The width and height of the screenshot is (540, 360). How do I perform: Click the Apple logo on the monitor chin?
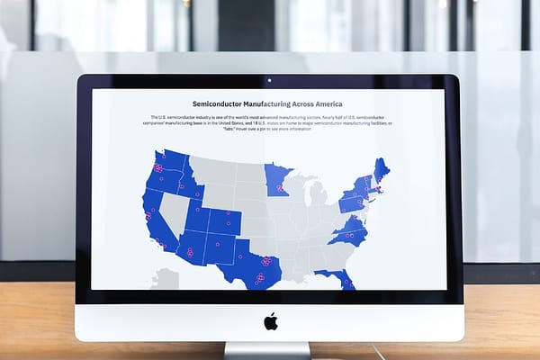[270, 321]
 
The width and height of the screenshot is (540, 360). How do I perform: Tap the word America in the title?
[324, 104]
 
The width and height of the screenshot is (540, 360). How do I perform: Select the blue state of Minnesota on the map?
[276, 180]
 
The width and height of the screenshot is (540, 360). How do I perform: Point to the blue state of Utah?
[198, 213]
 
